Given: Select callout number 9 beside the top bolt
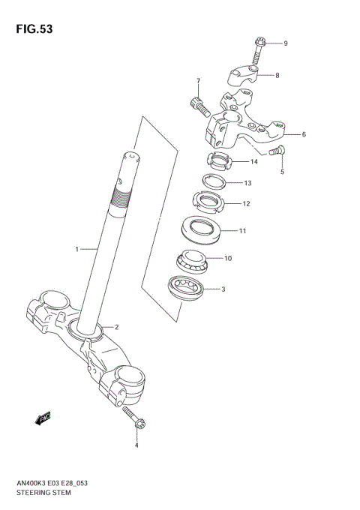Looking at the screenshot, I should pyautogui.click(x=285, y=43).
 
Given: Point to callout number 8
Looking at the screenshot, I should pyautogui.click(x=277, y=75).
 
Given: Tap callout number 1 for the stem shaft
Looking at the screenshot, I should pyautogui.click(x=76, y=247).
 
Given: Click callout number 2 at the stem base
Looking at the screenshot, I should pyautogui.click(x=115, y=327).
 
